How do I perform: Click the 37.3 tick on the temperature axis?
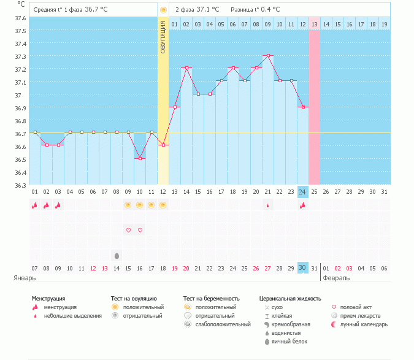(21, 56)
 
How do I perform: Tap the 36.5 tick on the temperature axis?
(21, 159)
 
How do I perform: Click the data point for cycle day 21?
(267, 55)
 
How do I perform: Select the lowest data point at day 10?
(140, 158)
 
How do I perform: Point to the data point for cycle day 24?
(302, 107)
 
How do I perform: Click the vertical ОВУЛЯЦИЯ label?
(163, 37)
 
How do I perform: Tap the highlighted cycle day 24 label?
(302, 192)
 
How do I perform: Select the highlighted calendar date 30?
(302, 268)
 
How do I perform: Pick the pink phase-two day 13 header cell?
(314, 24)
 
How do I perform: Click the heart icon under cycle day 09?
(128, 230)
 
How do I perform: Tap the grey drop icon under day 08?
(117, 255)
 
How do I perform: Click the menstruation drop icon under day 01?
(35, 205)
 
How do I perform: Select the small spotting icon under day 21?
(267, 205)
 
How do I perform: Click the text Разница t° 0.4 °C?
(256, 10)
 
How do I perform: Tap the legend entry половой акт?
(355, 307)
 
